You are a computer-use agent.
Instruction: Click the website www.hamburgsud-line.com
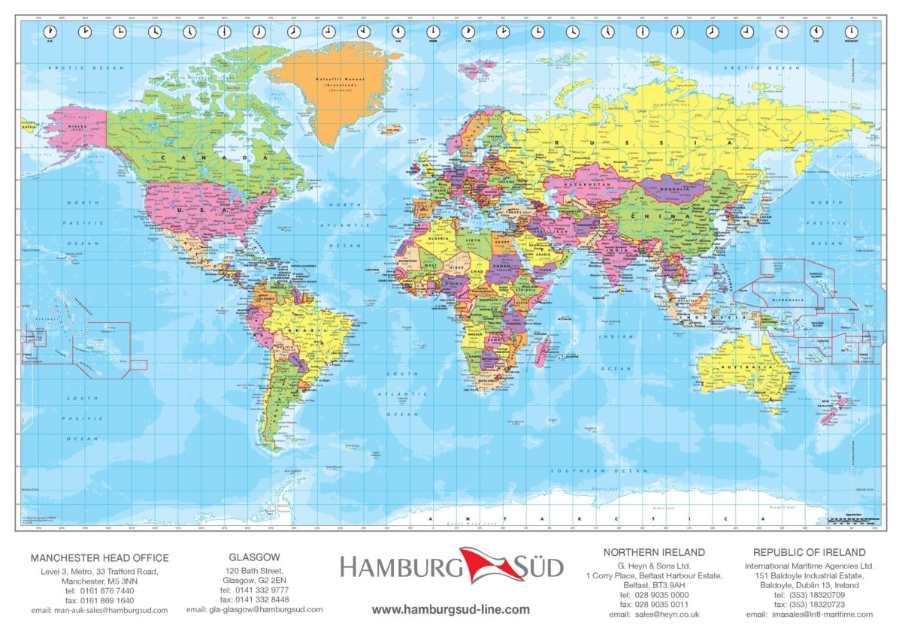(451, 609)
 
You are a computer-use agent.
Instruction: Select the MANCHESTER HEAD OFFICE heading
(99, 558)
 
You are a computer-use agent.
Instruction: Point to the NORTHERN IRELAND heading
(654, 552)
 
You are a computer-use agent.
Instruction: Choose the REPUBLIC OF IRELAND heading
(810, 552)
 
